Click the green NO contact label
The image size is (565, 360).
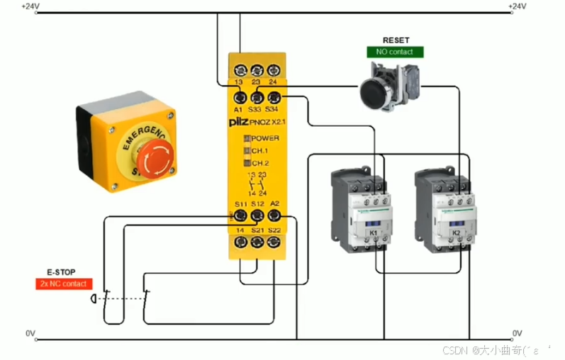[395, 52]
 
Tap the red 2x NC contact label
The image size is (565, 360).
[64, 283]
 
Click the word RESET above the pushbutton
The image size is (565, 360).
[396, 40]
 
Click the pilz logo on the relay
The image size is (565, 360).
[238, 123]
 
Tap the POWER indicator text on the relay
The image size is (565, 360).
[265, 138]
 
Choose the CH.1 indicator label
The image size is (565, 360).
[260, 151]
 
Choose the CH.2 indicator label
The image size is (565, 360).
[260, 163]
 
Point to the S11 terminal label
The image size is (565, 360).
[241, 204]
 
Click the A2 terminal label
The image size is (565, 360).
[275, 204]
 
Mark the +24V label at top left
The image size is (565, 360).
[30, 6]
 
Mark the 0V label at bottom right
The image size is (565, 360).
[517, 332]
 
